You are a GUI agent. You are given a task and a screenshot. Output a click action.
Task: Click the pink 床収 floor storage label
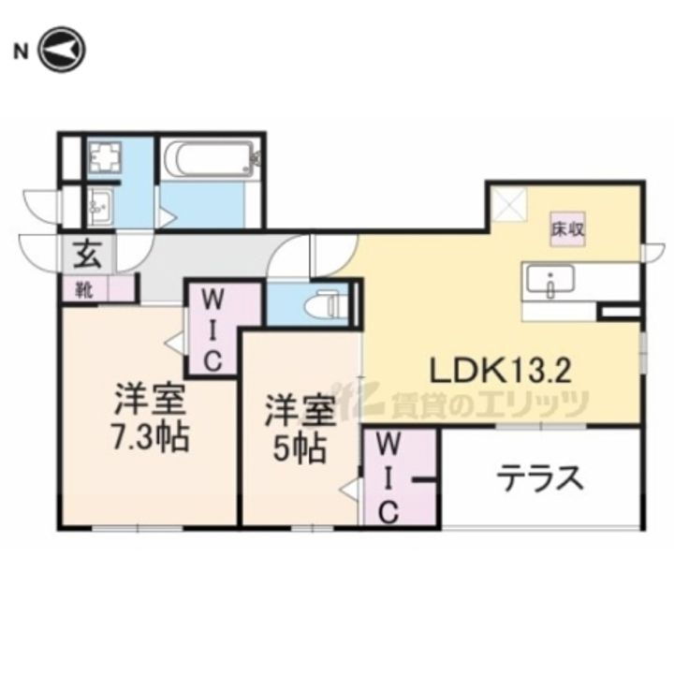pos(567,228)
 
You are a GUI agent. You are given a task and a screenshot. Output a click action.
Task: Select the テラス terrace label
pos(540,479)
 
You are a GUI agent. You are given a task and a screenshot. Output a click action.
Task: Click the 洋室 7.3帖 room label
pos(151,418)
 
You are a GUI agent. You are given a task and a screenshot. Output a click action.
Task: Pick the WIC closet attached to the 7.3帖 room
pos(212,330)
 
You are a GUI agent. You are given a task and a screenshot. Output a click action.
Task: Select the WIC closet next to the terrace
pos(390,476)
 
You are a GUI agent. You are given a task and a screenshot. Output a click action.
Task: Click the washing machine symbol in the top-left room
pos(101,159)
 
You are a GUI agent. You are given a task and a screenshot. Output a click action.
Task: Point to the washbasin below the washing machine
pos(99,203)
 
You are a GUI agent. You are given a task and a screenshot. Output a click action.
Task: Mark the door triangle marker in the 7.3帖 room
pos(175,344)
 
